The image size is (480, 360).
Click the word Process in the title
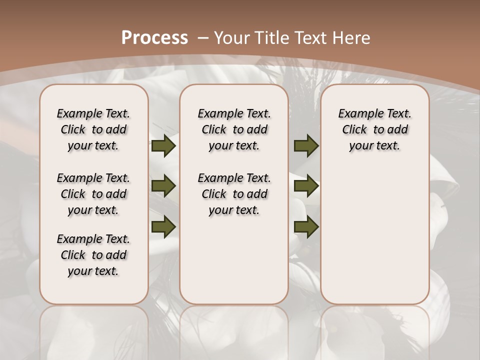click(x=154, y=37)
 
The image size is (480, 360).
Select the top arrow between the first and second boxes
click(x=163, y=145)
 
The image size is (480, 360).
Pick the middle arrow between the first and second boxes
click(x=163, y=186)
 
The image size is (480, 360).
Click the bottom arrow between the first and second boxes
click(x=163, y=226)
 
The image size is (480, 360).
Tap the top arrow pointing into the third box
click(x=306, y=145)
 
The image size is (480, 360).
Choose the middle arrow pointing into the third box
click(x=306, y=186)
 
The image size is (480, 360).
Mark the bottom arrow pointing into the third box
click(x=306, y=226)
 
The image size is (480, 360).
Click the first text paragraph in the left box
click(x=93, y=129)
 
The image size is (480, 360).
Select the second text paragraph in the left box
click(x=93, y=194)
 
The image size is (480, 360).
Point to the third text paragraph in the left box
click(x=93, y=255)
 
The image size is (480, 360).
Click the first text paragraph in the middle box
click(x=234, y=129)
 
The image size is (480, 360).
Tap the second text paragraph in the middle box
click(x=234, y=194)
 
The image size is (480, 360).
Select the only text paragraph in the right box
click(x=375, y=129)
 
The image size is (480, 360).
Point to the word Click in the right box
click(x=354, y=130)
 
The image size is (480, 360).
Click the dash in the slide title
click(x=202, y=37)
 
